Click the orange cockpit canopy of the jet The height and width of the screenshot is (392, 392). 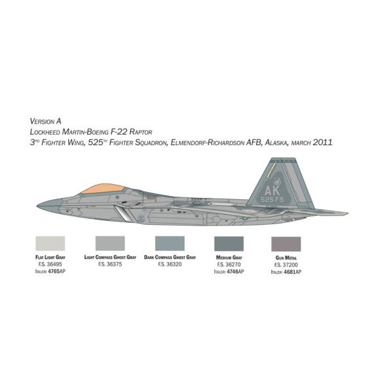click(103, 189)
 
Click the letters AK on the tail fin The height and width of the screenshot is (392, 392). click(272, 191)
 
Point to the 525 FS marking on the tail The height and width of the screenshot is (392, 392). click(272, 199)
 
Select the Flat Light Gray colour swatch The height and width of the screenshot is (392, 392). click(50, 243)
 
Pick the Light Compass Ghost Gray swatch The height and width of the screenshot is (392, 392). click(110, 243)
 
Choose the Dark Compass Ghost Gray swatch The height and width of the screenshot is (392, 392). click(170, 243)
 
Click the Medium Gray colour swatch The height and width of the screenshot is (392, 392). click(229, 244)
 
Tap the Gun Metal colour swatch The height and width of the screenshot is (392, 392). click(286, 244)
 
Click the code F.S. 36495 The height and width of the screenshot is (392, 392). click(50, 264)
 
